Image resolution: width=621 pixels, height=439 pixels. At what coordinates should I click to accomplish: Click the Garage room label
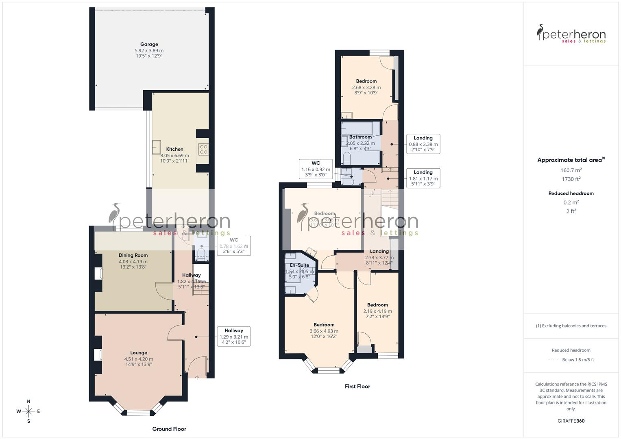coord(149,44)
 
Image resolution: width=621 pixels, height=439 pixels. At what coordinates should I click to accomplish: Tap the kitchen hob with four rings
coord(203,149)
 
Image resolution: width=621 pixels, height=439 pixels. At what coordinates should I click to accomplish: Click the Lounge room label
coord(139,353)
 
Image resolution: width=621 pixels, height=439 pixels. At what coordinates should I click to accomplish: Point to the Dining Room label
coord(133,255)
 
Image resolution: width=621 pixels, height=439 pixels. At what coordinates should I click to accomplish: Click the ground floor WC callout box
coord(233,246)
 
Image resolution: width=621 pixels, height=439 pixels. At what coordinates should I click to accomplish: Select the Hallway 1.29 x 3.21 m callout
coord(233,337)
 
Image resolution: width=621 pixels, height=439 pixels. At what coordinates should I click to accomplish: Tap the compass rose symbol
coord(28,411)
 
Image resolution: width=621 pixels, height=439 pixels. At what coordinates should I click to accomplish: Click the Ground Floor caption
coord(169,429)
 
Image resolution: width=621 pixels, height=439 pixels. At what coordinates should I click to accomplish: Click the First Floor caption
coord(357,387)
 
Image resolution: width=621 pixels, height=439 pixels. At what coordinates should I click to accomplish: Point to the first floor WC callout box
coord(316,169)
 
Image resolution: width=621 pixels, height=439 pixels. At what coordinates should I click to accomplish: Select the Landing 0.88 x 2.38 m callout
coord(423,144)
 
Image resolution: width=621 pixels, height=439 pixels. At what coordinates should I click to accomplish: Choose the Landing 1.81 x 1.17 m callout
coord(423,178)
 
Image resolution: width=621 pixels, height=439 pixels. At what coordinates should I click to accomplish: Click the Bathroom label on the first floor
coord(360,137)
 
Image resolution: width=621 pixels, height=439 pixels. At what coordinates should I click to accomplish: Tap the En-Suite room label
coord(300,265)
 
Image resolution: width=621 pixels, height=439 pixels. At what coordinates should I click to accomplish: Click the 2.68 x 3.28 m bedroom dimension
coord(366,87)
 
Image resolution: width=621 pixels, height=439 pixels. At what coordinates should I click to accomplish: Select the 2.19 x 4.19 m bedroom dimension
coord(377,311)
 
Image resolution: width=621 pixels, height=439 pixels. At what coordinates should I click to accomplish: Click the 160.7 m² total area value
coord(571,170)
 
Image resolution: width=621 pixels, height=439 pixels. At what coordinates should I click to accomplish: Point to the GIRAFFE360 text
coord(571,421)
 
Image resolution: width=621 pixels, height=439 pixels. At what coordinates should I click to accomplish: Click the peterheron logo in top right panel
coord(571,34)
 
